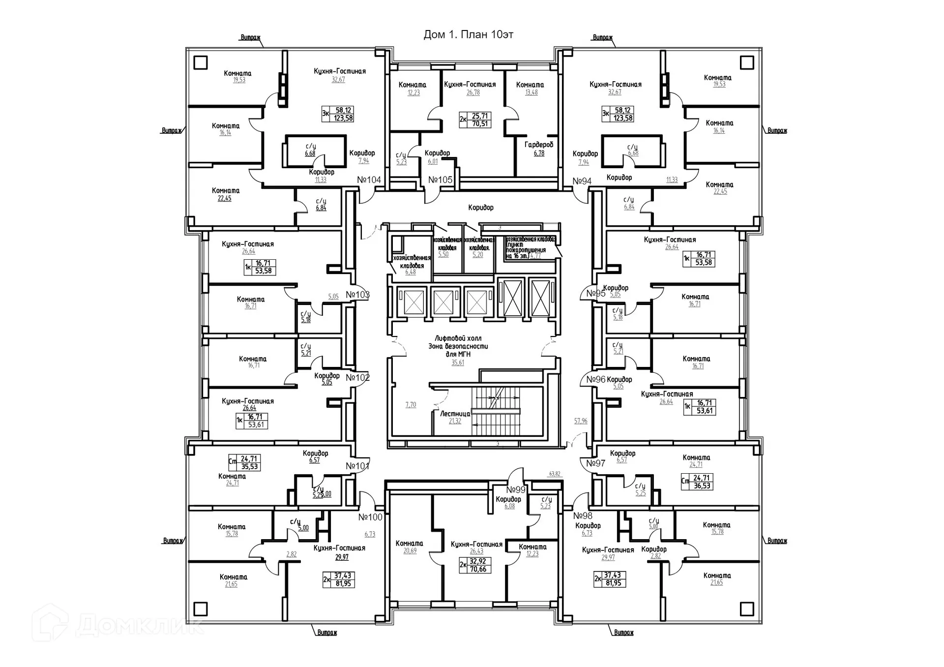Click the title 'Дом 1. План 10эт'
468,35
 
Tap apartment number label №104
369,180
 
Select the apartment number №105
440,180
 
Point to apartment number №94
582,182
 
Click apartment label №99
516,490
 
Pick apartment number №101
357,466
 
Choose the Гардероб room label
539,145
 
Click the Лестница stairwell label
455,414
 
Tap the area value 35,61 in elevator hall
458,363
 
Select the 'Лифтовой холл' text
458,339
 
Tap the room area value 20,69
410,551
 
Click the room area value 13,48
531,92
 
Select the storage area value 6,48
410,272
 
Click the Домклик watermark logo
118,624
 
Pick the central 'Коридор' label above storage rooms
481,208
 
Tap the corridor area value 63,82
554,474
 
